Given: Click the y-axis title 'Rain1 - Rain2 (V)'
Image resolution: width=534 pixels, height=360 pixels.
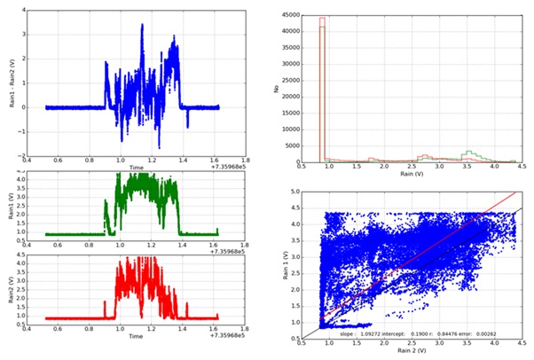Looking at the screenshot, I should pyautogui.click(x=11, y=85).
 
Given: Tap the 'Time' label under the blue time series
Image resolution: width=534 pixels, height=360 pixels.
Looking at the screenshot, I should pyautogui.click(x=136, y=167).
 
